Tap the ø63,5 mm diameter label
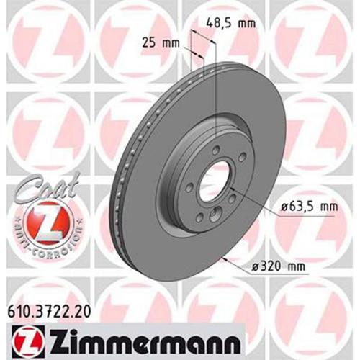click(308, 207)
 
